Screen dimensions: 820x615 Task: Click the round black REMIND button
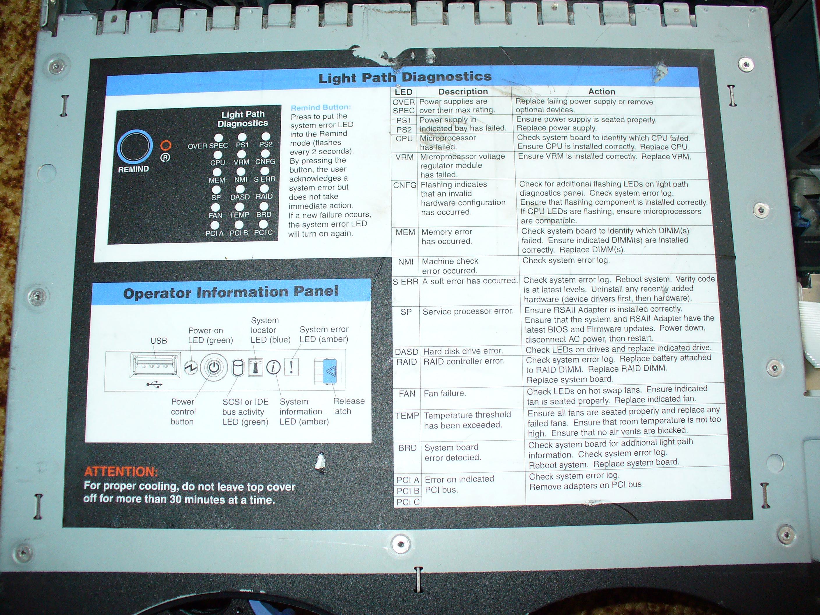point(135,147)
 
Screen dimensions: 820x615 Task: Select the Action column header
point(602,91)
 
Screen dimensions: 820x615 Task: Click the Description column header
point(463,91)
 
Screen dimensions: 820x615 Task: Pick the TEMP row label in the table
point(407,416)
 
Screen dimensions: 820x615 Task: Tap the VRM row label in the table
point(404,157)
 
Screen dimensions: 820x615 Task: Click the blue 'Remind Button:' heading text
point(321,107)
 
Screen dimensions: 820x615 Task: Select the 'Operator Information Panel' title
point(231,292)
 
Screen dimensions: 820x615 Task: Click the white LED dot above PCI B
point(239,225)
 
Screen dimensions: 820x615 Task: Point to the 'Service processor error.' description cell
point(468,311)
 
